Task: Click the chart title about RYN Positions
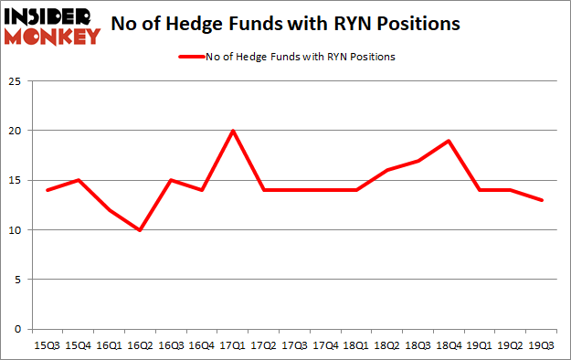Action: point(285,25)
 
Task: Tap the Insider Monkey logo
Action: point(52,26)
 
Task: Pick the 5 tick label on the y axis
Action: point(16,280)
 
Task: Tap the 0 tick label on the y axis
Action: point(16,329)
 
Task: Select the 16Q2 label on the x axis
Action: point(140,345)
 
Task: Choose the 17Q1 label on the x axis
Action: point(233,345)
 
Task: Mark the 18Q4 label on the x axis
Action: point(449,345)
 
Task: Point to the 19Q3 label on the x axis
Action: point(542,345)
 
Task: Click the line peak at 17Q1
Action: point(233,131)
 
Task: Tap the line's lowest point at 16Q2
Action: point(140,229)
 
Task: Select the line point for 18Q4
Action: point(449,141)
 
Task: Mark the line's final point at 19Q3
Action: point(542,200)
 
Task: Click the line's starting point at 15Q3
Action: point(48,190)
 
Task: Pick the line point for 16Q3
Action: point(171,180)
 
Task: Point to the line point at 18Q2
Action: point(387,170)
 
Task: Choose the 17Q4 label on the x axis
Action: point(325,345)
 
